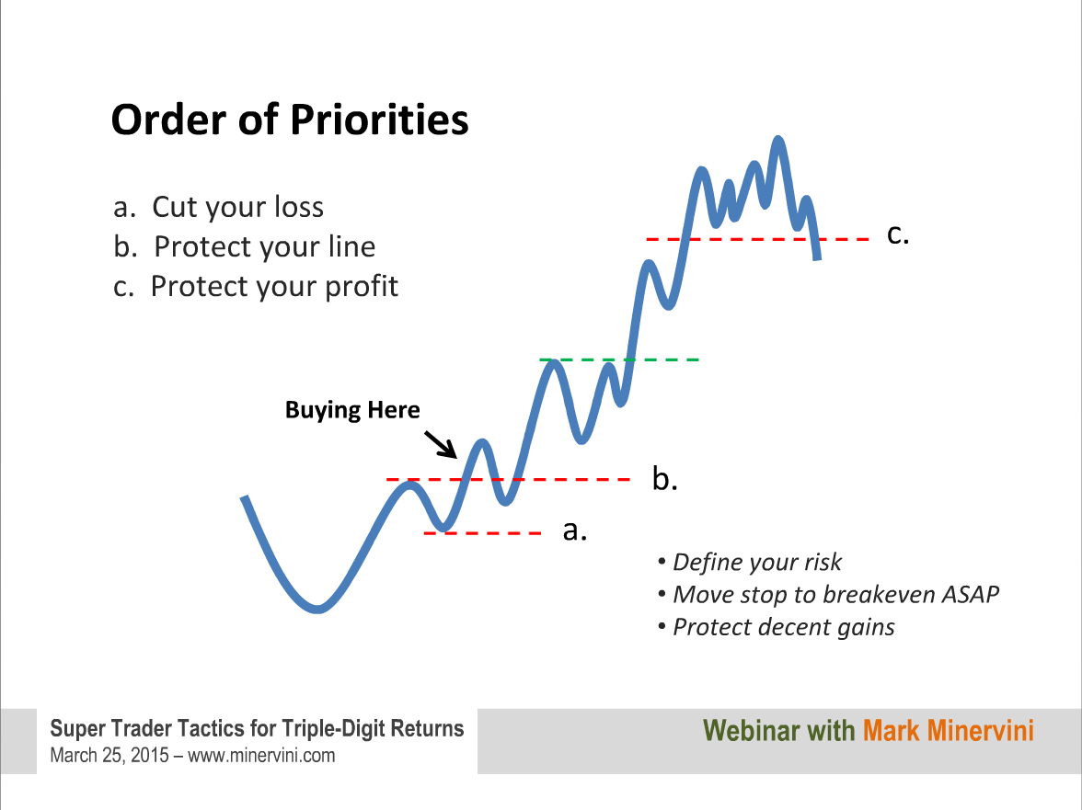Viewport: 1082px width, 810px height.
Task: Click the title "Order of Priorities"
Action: click(290, 120)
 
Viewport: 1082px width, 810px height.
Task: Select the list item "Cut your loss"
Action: click(237, 207)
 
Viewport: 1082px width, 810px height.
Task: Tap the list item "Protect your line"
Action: click(264, 246)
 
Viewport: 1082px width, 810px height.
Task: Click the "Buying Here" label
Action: click(351, 409)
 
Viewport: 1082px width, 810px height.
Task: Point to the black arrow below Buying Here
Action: click(440, 445)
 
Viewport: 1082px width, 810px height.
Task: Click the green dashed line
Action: click(620, 359)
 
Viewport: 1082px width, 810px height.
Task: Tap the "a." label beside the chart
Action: click(575, 530)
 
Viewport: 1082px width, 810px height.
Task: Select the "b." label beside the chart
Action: click(664, 478)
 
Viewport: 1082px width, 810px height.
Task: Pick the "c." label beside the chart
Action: click(898, 234)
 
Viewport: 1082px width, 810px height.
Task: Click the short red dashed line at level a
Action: click(482, 533)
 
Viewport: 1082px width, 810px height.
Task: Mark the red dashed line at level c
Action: click(757, 239)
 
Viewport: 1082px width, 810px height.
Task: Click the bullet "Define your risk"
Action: click(757, 562)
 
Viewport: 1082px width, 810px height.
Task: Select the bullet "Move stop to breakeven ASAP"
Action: click(835, 594)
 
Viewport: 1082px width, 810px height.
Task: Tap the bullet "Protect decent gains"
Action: click(783, 627)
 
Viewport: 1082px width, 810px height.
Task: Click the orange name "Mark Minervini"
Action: click(948, 731)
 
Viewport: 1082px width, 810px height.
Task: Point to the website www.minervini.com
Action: click(261, 756)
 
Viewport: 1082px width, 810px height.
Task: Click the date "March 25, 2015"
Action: click(109, 756)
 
